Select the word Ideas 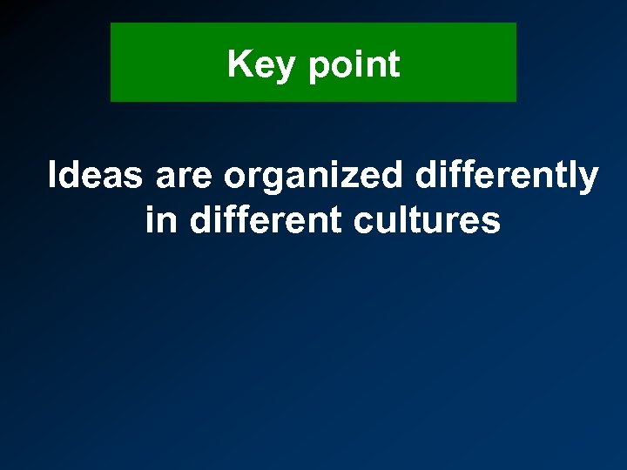[95, 176]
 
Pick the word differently [507, 178]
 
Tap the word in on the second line [160, 220]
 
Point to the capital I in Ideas [52, 176]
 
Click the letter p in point [319, 69]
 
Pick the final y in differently [589, 182]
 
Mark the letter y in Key [285, 69]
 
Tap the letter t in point [393, 65]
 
